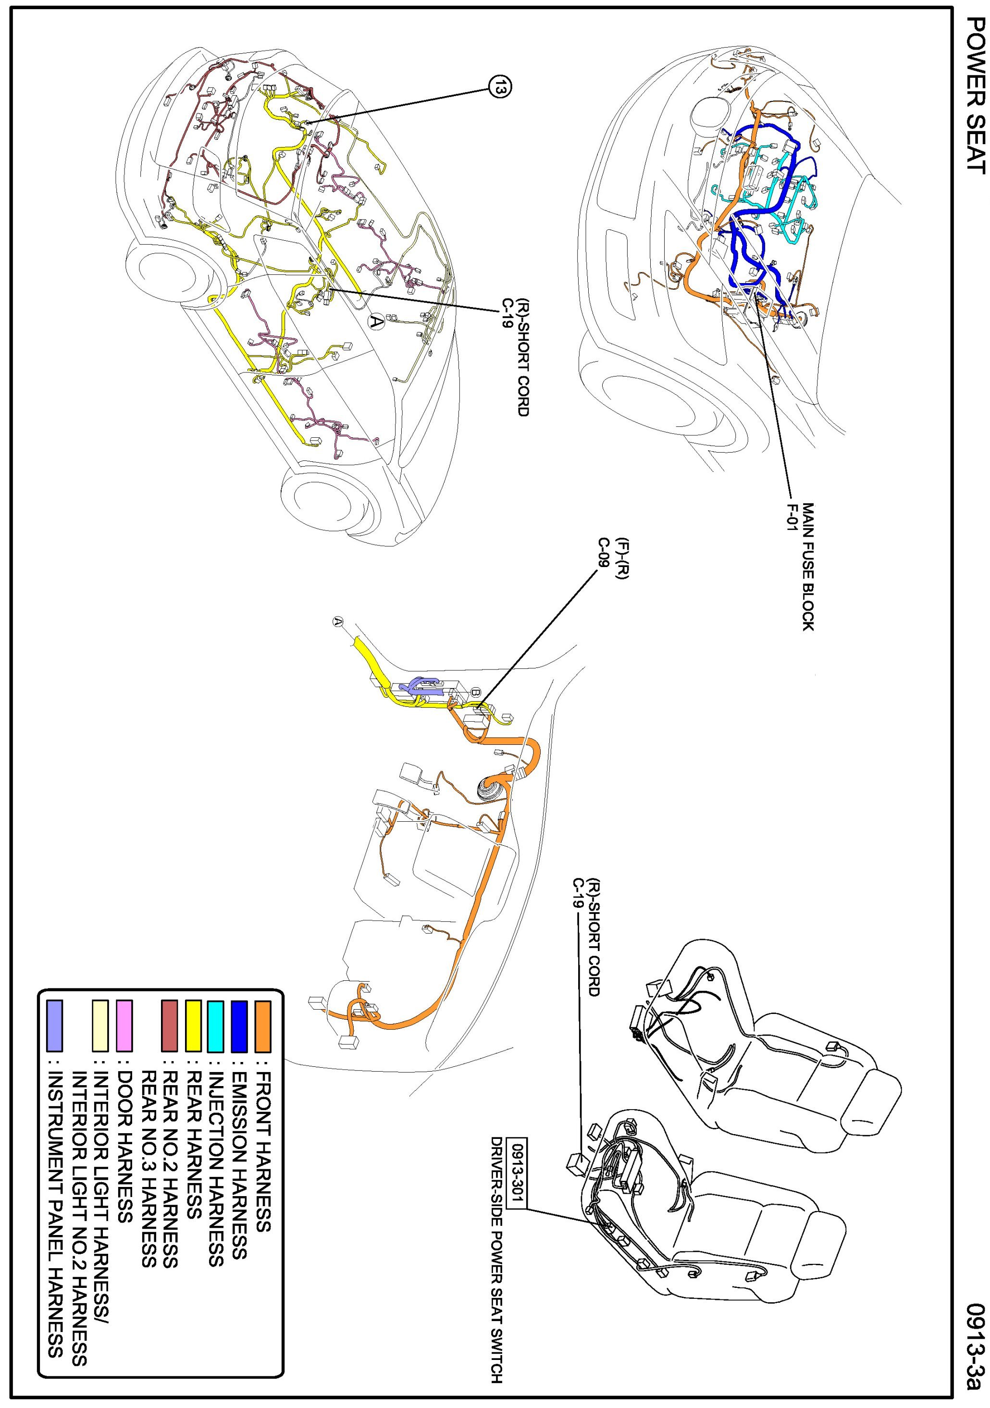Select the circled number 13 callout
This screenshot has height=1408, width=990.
pos(500,87)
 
